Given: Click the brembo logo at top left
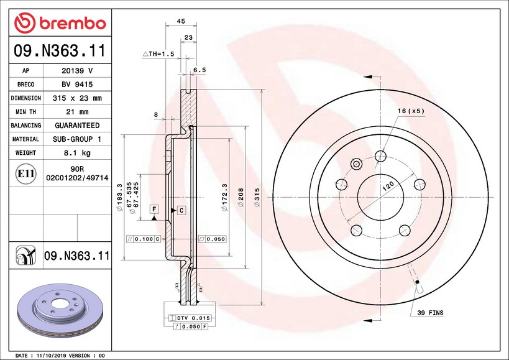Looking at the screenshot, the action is tap(60, 23).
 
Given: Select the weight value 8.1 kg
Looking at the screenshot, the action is tap(77, 152).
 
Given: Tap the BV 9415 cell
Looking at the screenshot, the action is tap(77, 85).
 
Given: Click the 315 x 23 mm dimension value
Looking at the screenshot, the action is tap(77, 98).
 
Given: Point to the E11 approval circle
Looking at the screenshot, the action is tap(25, 173).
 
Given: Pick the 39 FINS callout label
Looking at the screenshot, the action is tap(430, 313).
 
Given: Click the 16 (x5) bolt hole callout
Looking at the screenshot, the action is tap(411, 111).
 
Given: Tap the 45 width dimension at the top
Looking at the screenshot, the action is tap(181, 21).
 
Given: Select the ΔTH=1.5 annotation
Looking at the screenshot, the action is tap(158, 54).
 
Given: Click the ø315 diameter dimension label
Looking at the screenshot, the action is tap(257, 197).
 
